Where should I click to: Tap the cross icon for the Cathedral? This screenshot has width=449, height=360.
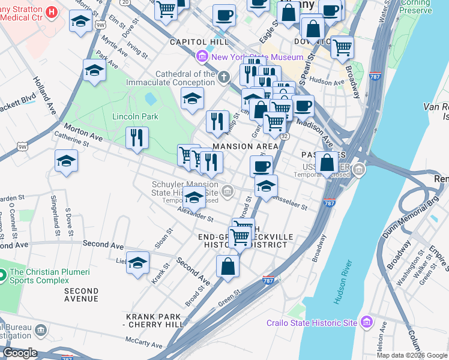click(224, 77)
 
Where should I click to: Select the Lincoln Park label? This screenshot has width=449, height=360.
click(135, 116)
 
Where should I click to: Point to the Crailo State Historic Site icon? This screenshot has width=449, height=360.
click(366, 323)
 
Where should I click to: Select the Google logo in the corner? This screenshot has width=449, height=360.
click(20, 353)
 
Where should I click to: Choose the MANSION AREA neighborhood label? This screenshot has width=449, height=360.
click(246, 146)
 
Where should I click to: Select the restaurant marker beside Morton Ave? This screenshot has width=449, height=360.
click(137, 138)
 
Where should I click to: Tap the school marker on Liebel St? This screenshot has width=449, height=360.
click(137, 263)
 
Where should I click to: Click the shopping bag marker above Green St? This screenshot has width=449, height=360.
click(228, 266)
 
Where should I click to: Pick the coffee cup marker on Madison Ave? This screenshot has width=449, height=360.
click(303, 106)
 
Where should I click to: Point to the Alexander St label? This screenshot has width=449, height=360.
click(195, 214)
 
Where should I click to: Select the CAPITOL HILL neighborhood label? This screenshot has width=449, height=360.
click(191, 42)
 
